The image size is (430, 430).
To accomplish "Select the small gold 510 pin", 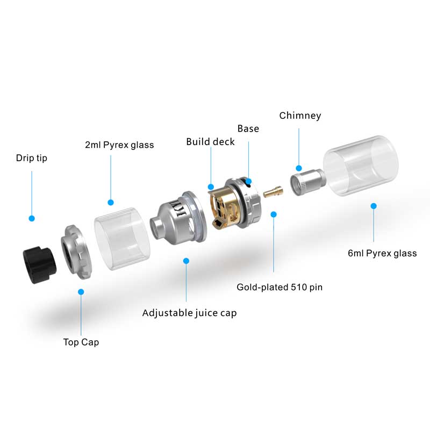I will [x=274, y=191].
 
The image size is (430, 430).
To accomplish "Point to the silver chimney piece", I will [x=306, y=180].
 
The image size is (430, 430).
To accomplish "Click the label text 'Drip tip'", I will [x=31, y=158].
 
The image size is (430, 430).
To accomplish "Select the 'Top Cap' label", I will [x=81, y=342].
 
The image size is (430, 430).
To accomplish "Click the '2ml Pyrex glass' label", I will [x=119, y=145].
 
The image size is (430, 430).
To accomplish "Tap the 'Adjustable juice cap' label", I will [x=189, y=312].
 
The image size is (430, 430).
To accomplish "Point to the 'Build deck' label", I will [x=211, y=142].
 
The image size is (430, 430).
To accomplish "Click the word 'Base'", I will [x=248, y=128].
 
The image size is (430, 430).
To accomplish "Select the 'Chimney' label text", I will [x=300, y=116].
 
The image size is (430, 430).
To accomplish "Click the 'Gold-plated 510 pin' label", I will [x=279, y=286].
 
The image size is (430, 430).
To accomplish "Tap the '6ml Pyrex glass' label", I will [x=382, y=253].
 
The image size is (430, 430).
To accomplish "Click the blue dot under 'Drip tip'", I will [x=32, y=218].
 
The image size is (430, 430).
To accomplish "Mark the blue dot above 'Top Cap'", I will [x=81, y=292].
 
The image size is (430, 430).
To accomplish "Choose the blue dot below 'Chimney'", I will [x=299, y=168].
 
